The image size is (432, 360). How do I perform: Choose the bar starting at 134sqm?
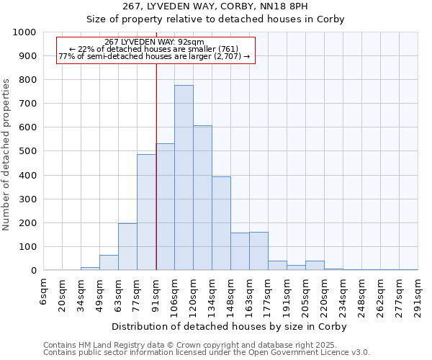click(221, 223)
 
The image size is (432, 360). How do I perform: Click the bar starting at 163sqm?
click(258, 251)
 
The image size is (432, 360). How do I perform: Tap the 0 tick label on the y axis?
click(33, 271)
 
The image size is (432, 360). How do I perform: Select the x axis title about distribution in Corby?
click(229, 326)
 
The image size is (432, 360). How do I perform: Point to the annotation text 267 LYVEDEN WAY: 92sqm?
click(154, 42)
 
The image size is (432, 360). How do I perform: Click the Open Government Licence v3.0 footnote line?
click(207, 353)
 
